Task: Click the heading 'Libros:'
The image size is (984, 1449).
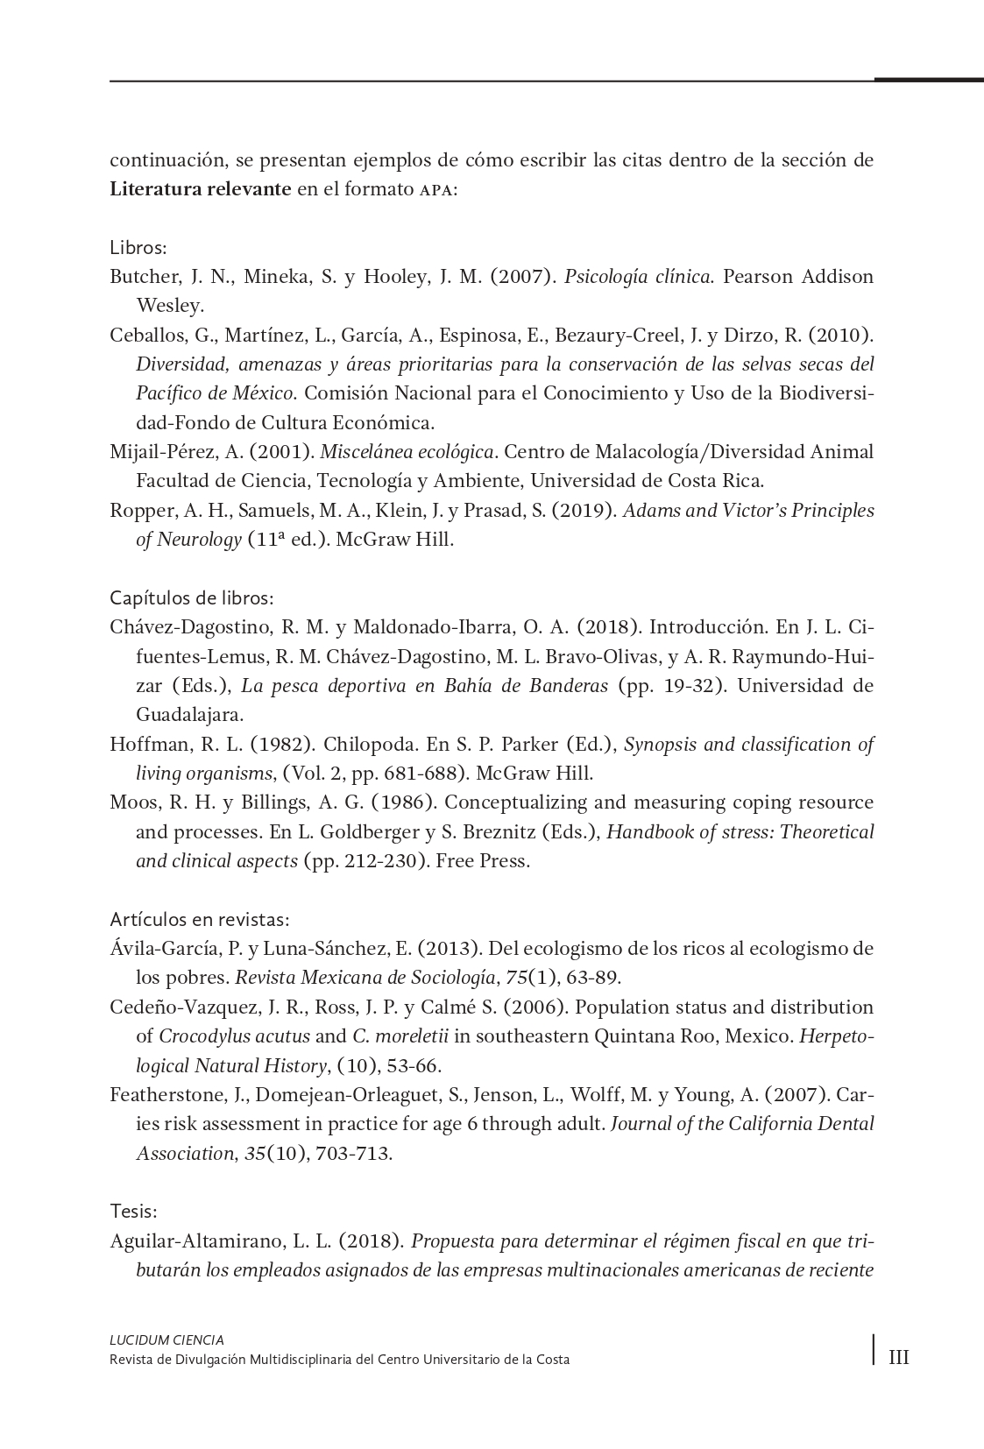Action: [x=138, y=247]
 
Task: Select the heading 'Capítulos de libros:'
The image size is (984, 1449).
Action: [x=192, y=598]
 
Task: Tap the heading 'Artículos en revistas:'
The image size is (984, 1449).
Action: [x=200, y=920]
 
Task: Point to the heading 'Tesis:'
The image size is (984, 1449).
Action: [x=133, y=1212]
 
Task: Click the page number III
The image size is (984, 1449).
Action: [x=899, y=1358]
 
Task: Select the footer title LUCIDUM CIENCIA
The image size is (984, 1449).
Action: [x=166, y=1340]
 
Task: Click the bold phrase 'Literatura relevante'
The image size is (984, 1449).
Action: [x=201, y=189]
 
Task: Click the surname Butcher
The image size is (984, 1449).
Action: [x=141, y=277]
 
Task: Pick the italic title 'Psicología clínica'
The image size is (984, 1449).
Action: [x=638, y=277]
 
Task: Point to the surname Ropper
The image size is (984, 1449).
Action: [x=138, y=511]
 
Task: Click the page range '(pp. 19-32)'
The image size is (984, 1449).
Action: [x=672, y=685]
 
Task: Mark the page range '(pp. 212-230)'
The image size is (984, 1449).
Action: [x=364, y=861]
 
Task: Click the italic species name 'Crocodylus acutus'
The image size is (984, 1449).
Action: [x=234, y=1036]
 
